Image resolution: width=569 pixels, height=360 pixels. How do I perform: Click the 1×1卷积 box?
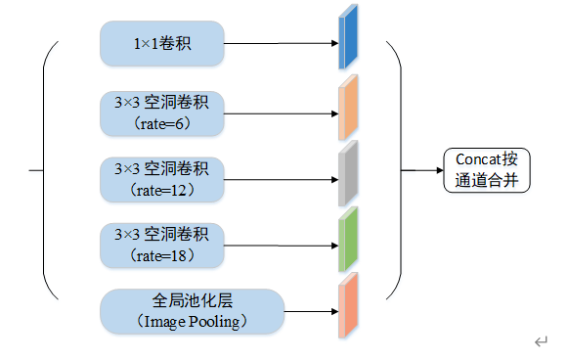coord(162,44)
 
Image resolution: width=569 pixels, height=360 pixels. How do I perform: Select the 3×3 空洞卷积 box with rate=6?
coord(162,113)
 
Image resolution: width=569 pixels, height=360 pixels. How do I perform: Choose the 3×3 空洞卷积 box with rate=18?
coord(162,245)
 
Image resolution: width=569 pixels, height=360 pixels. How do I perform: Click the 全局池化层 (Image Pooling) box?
coord(192,312)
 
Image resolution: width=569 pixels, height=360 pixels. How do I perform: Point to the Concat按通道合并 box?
coord(486,169)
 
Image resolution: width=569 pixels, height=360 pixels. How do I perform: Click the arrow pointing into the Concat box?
coord(422,169)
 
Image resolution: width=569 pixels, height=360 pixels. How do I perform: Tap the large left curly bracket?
coord(47,169)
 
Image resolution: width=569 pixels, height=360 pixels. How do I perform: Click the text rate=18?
coord(163,255)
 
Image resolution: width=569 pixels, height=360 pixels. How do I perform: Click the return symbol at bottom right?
coord(541,340)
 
